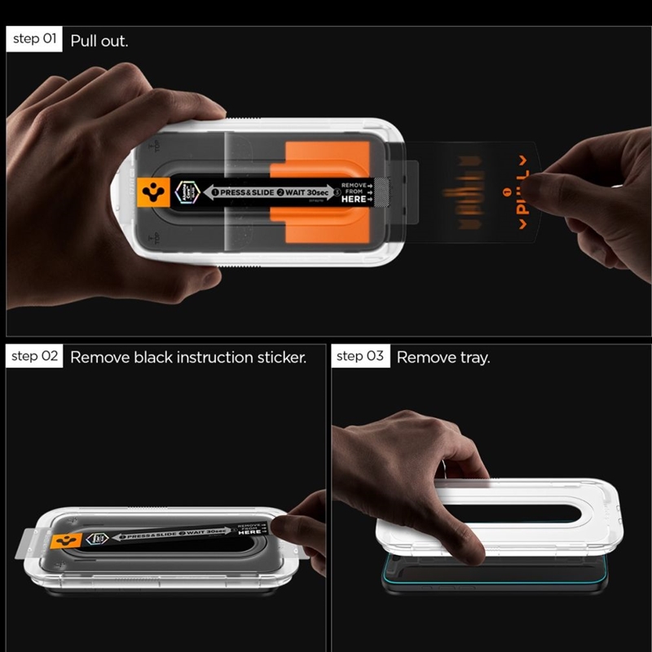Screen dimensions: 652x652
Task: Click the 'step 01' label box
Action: click(34, 39)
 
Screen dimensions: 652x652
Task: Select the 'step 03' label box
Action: click(359, 356)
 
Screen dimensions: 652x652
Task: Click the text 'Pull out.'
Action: click(99, 40)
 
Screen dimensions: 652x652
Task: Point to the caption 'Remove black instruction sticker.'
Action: click(188, 357)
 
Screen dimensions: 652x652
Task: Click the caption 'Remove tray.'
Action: click(443, 357)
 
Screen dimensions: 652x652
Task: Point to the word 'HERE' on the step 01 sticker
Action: click(352, 198)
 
